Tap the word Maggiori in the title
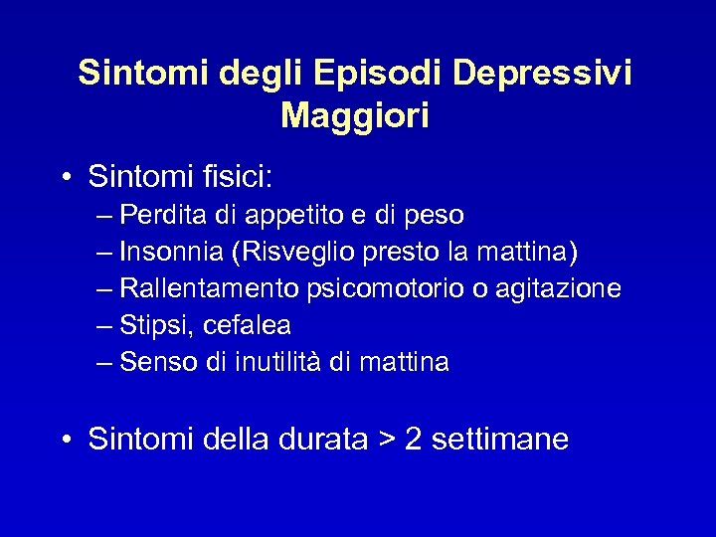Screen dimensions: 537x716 coord(355,116)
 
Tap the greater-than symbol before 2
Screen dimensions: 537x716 coord(385,440)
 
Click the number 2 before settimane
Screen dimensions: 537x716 coord(413,440)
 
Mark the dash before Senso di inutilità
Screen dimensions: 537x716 coord(105,363)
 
